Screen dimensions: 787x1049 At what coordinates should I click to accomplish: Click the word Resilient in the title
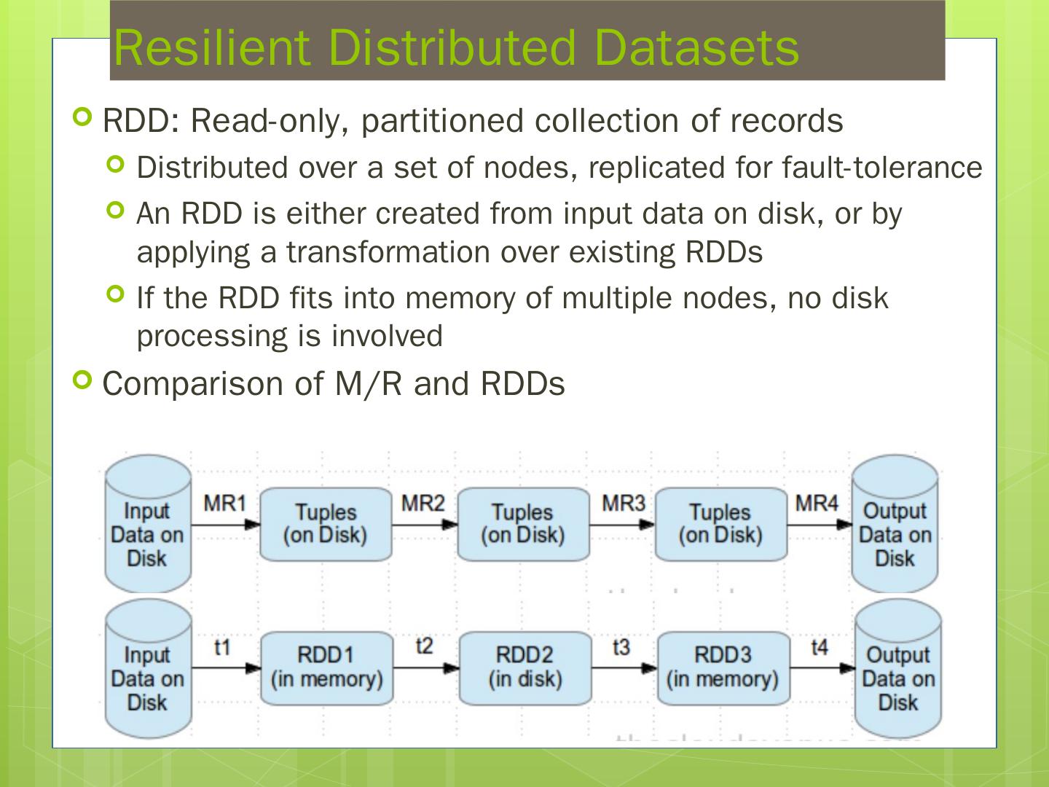tap(212, 48)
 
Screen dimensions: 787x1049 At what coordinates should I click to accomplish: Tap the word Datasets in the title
tap(696, 48)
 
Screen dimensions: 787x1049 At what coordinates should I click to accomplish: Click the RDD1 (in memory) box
tap(326, 667)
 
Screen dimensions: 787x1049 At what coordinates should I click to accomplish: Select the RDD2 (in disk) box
tap(524, 667)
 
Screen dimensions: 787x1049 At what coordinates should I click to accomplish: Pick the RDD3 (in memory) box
tap(723, 667)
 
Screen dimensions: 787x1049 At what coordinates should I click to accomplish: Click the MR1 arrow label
tap(224, 503)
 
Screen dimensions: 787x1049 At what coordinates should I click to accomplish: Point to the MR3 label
tap(623, 503)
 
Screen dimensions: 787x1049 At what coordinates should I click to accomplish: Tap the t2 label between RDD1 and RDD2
tap(424, 646)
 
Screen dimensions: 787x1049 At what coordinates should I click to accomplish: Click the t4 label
tap(820, 646)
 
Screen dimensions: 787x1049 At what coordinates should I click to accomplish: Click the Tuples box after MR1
tap(325, 524)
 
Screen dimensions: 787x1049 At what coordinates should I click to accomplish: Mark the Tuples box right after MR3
tap(720, 524)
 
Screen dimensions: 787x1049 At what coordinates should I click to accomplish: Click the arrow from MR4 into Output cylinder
tap(820, 523)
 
